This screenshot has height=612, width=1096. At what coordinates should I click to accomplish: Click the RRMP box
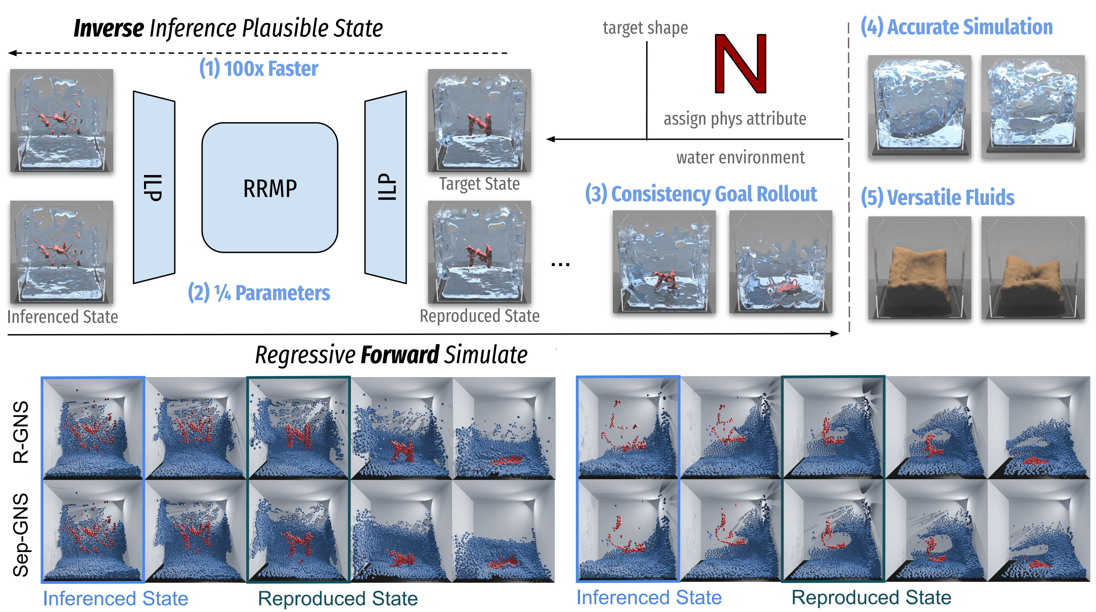click(270, 188)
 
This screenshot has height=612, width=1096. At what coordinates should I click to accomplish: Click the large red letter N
click(740, 64)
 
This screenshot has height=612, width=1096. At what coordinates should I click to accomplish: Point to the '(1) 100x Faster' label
click(259, 69)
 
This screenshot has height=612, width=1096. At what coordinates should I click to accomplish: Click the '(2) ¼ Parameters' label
click(259, 293)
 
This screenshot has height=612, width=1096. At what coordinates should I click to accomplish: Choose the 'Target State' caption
click(479, 184)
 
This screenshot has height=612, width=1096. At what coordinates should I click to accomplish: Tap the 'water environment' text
click(740, 157)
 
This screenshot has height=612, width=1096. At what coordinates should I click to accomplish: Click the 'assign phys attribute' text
click(735, 119)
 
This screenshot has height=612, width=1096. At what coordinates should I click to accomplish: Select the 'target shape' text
click(645, 28)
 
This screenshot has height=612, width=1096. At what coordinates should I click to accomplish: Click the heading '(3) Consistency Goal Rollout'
click(701, 194)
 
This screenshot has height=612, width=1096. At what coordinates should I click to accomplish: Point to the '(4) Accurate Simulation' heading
click(957, 27)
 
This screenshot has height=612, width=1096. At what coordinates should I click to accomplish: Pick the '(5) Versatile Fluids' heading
click(937, 197)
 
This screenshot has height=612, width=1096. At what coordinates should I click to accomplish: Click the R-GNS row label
click(21, 432)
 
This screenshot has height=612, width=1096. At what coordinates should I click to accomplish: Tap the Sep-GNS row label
click(21, 535)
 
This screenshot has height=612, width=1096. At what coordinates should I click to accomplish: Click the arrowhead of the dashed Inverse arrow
click(12, 53)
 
